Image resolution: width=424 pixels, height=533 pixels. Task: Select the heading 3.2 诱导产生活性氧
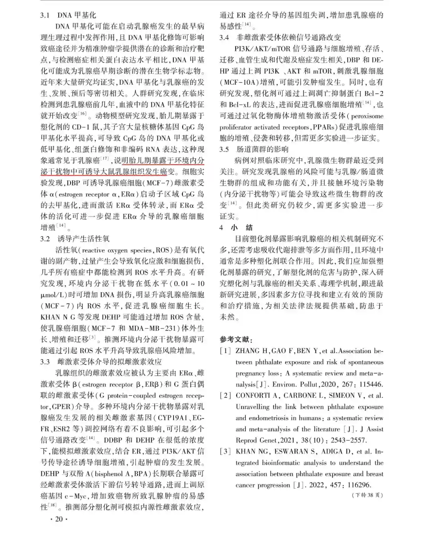[x=75, y=239]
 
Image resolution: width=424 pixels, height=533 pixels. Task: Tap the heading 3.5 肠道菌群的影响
[x=254, y=149]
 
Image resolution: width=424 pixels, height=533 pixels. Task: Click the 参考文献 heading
[x=236, y=340]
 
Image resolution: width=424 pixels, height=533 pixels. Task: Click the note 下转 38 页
[x=367, y=495]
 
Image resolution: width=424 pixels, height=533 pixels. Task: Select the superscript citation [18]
[x=52, y=506]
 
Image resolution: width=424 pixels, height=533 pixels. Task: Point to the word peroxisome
[x=367, y=116]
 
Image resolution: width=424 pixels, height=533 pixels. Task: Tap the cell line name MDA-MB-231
[x=151, y=328]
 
